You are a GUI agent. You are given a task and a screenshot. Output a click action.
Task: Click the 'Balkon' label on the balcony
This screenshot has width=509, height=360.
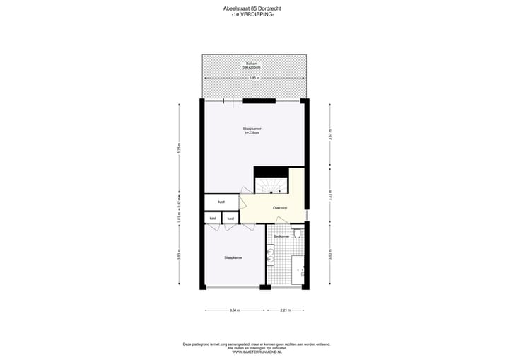tap(251, 64)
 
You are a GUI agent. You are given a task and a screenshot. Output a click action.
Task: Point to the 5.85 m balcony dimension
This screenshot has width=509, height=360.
tap(254, 78)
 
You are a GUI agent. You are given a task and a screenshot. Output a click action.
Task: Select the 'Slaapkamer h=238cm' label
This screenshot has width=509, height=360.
tap(252, 131)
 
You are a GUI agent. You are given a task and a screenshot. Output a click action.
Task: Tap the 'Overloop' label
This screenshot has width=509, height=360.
tap(280, 208)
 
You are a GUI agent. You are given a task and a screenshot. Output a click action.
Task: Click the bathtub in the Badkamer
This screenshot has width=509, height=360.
tap(299, 269)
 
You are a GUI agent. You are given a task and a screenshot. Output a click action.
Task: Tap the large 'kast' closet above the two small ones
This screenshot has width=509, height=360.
tap(221, 202)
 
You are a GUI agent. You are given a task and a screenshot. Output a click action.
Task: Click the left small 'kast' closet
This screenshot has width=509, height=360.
tap(213, 219)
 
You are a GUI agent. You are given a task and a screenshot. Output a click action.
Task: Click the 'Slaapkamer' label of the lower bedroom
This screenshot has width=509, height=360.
tap(233, 258)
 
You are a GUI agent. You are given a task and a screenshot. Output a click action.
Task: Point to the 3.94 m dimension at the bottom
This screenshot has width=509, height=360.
tap(235, 310)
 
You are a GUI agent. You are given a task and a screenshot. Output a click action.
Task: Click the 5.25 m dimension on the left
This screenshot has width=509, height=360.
tap(180, 150)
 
